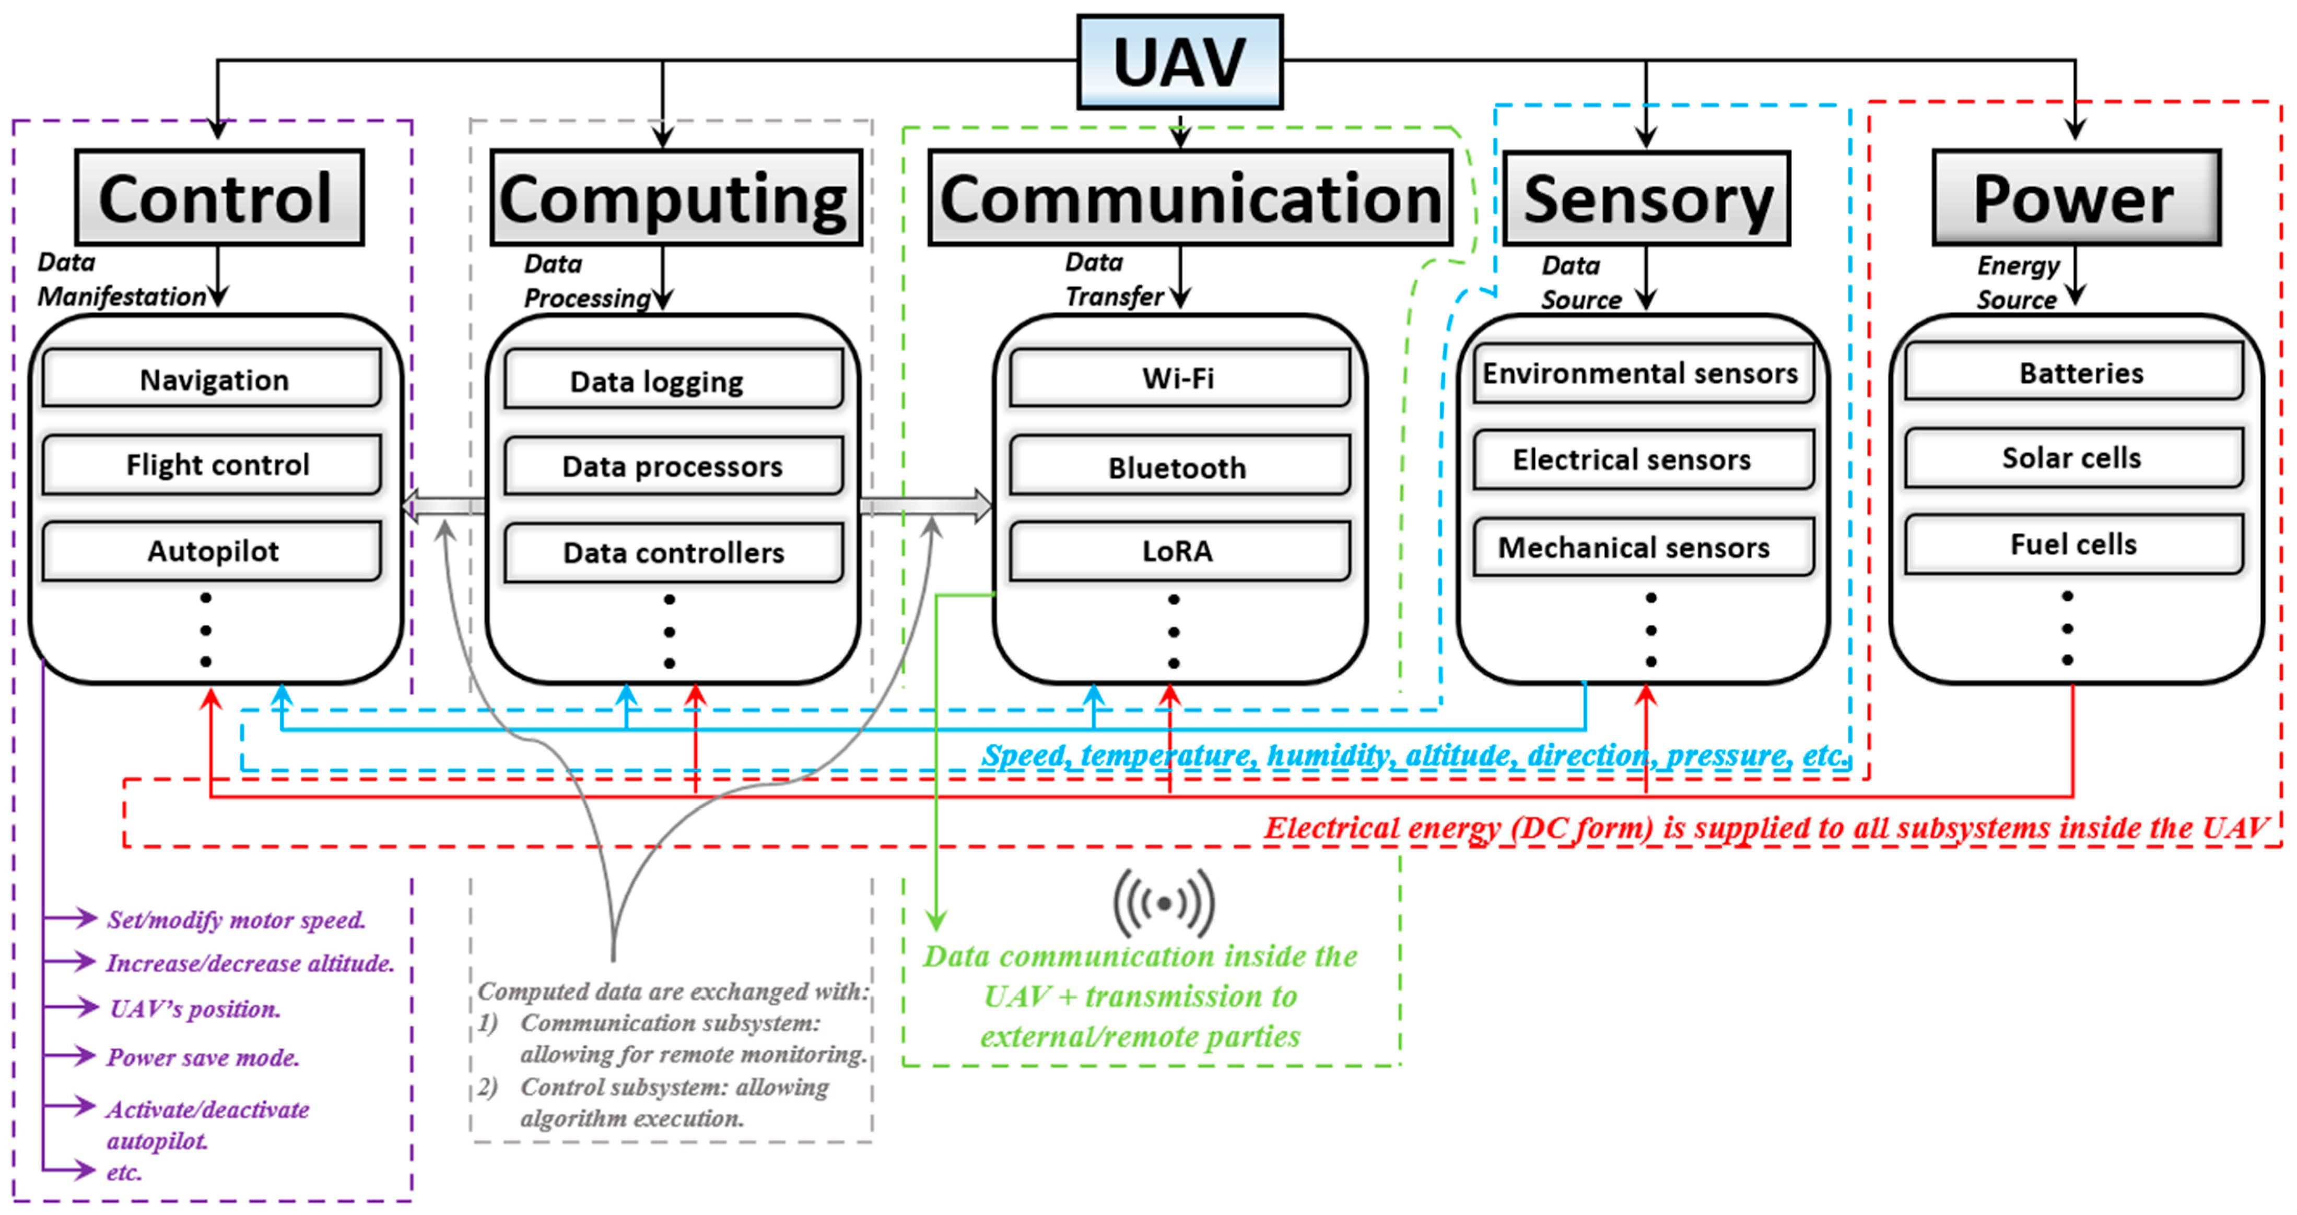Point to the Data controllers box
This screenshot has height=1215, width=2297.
(673, 553)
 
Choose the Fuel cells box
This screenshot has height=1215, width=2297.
(2073, 544)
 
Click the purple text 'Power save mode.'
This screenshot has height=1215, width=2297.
(203, 1057)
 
